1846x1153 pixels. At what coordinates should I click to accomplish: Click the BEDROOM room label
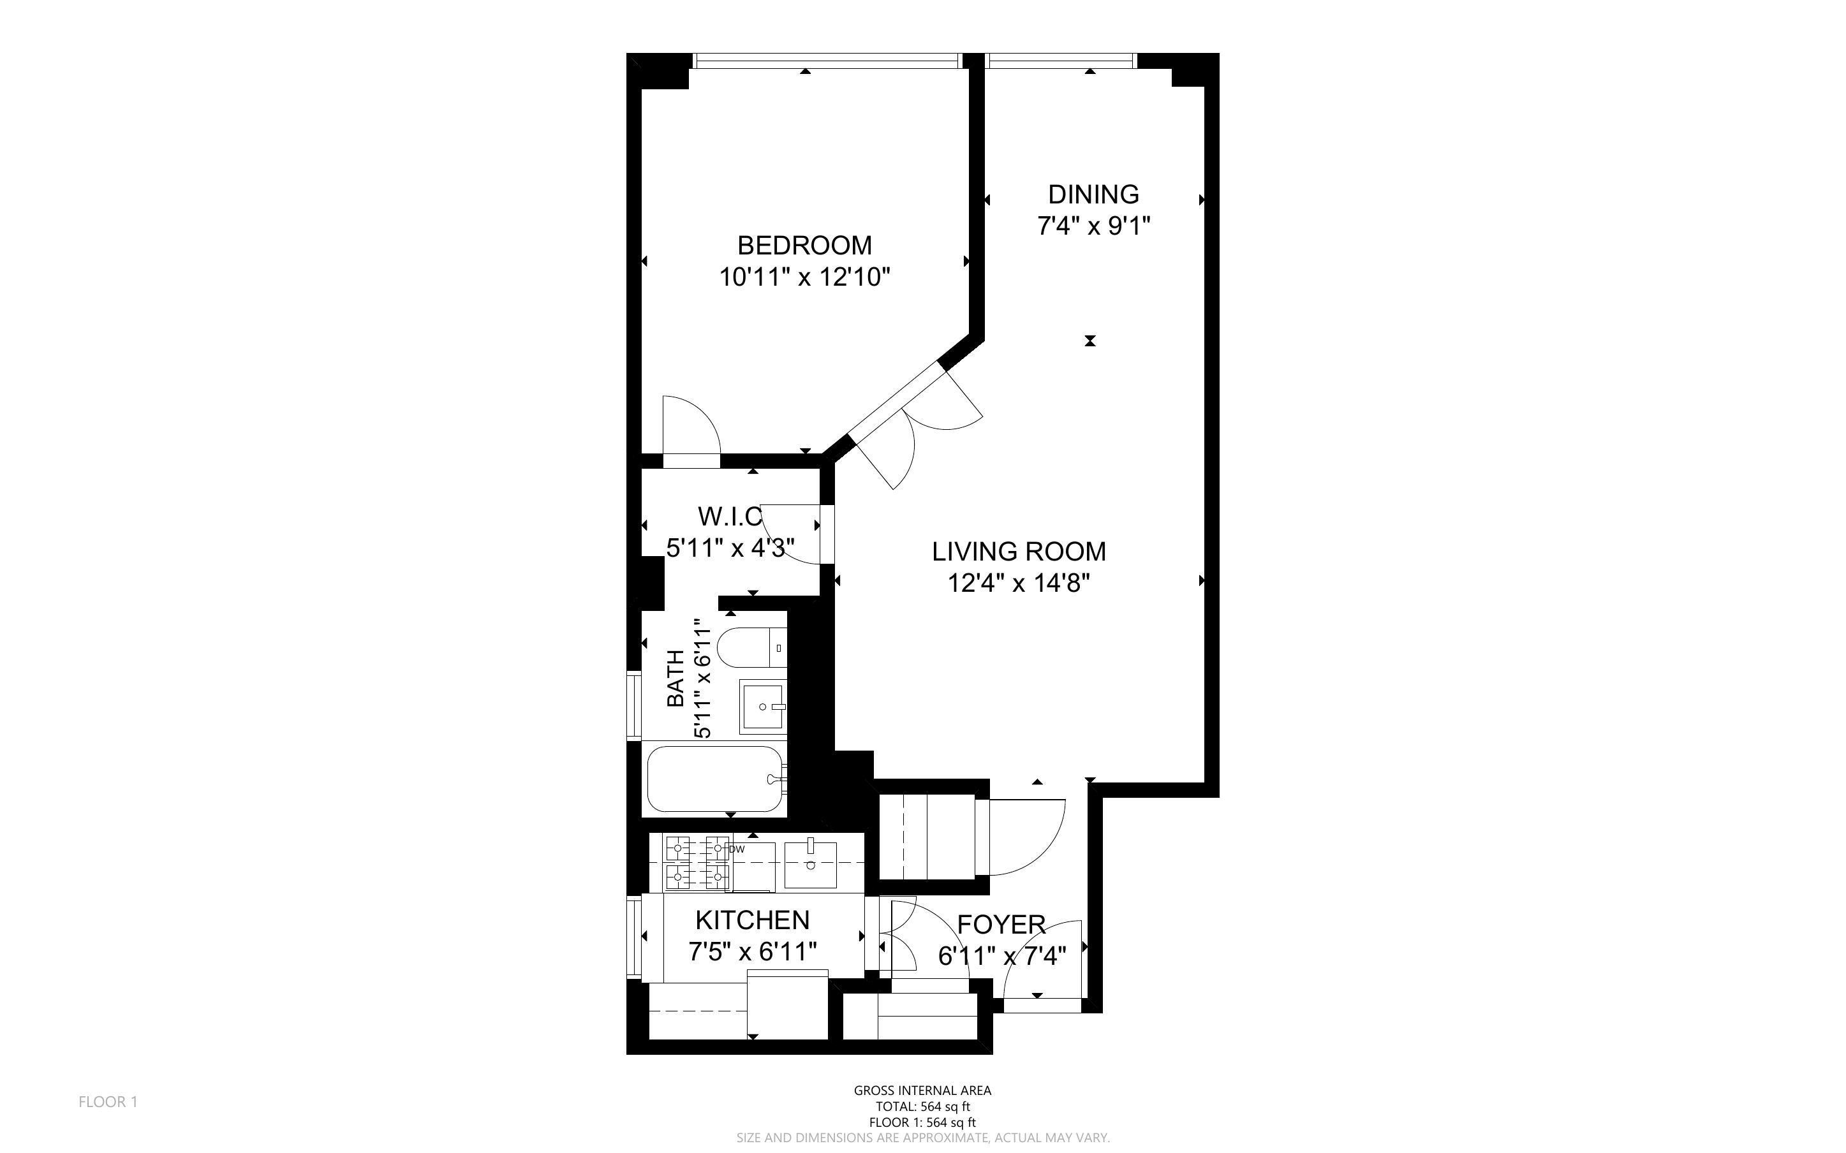(x=804, y=245)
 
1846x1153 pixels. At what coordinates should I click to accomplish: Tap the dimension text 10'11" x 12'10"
(x=804, y=277)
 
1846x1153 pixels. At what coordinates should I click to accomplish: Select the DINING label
(x=1093, y=195)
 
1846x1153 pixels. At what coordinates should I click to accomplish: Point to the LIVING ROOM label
(x=1018, y=552)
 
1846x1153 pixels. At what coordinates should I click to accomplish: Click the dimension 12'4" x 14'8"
(x=1018, y=584)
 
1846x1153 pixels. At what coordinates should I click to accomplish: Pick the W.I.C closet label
(x=729, y=517)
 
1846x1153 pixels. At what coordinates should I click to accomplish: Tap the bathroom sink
(x=762, y=707)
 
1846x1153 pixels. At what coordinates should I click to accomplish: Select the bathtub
(x=714, y=779)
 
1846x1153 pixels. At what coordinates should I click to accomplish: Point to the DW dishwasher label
(x=737, y=849)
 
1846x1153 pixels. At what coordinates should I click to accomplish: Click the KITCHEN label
(x=752, y=920)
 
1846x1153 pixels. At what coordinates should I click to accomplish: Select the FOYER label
(x=1000, y=924)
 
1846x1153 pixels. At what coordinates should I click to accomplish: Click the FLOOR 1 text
(x=108, y=1101)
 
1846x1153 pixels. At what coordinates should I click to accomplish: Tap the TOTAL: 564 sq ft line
(x=922, y=1106)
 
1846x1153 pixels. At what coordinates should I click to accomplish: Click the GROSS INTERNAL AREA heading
(x=922, y=1091)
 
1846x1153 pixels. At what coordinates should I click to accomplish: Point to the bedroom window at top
(x=827, y=60)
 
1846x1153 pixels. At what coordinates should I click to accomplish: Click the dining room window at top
(x=1060, y=60)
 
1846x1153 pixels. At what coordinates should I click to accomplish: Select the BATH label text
(x=676, y=678)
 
